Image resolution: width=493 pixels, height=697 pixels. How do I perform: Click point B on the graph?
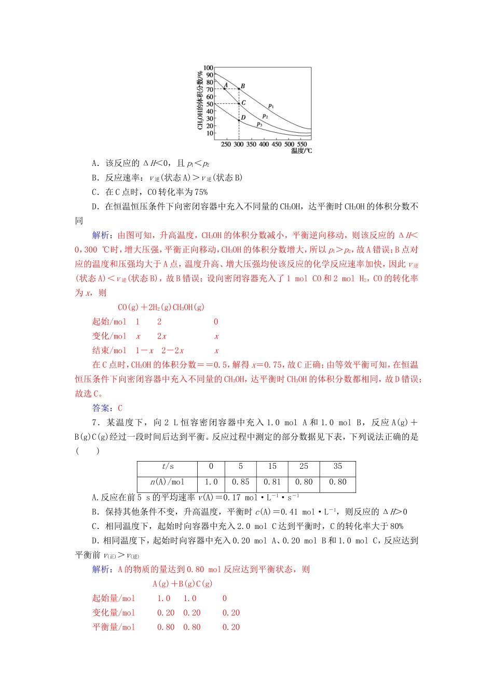(239, 89)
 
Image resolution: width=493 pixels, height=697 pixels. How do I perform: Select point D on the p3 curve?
(239, 120)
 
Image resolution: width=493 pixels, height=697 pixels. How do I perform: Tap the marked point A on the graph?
(224, 89)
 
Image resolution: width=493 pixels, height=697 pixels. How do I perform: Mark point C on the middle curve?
(239, 104)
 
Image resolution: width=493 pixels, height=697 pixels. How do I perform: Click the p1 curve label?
(271, 106)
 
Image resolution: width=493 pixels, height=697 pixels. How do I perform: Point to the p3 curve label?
(259, 124)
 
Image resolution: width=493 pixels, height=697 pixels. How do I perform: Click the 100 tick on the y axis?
(208, 67)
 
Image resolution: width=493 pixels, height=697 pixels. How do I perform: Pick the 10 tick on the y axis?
(210, 133)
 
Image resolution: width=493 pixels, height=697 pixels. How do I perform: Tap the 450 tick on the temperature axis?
(277, 144)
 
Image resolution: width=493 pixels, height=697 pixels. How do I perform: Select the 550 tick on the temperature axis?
(302, 144)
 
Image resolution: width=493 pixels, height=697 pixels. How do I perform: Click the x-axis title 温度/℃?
(302, 151)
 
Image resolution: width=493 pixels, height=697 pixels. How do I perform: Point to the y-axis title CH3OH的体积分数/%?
(200, 100)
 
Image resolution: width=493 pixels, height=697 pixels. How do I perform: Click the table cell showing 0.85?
(241, 482)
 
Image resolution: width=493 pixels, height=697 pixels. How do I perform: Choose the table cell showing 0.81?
(272, 482)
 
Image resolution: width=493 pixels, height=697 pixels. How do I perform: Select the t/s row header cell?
(168, 467)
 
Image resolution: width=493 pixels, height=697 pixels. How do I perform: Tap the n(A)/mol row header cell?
(168, 482)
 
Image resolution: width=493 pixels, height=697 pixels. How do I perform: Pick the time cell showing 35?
(338, 467)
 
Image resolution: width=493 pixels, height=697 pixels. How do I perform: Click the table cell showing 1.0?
(211, 482)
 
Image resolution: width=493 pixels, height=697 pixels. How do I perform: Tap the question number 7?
(95, 423)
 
